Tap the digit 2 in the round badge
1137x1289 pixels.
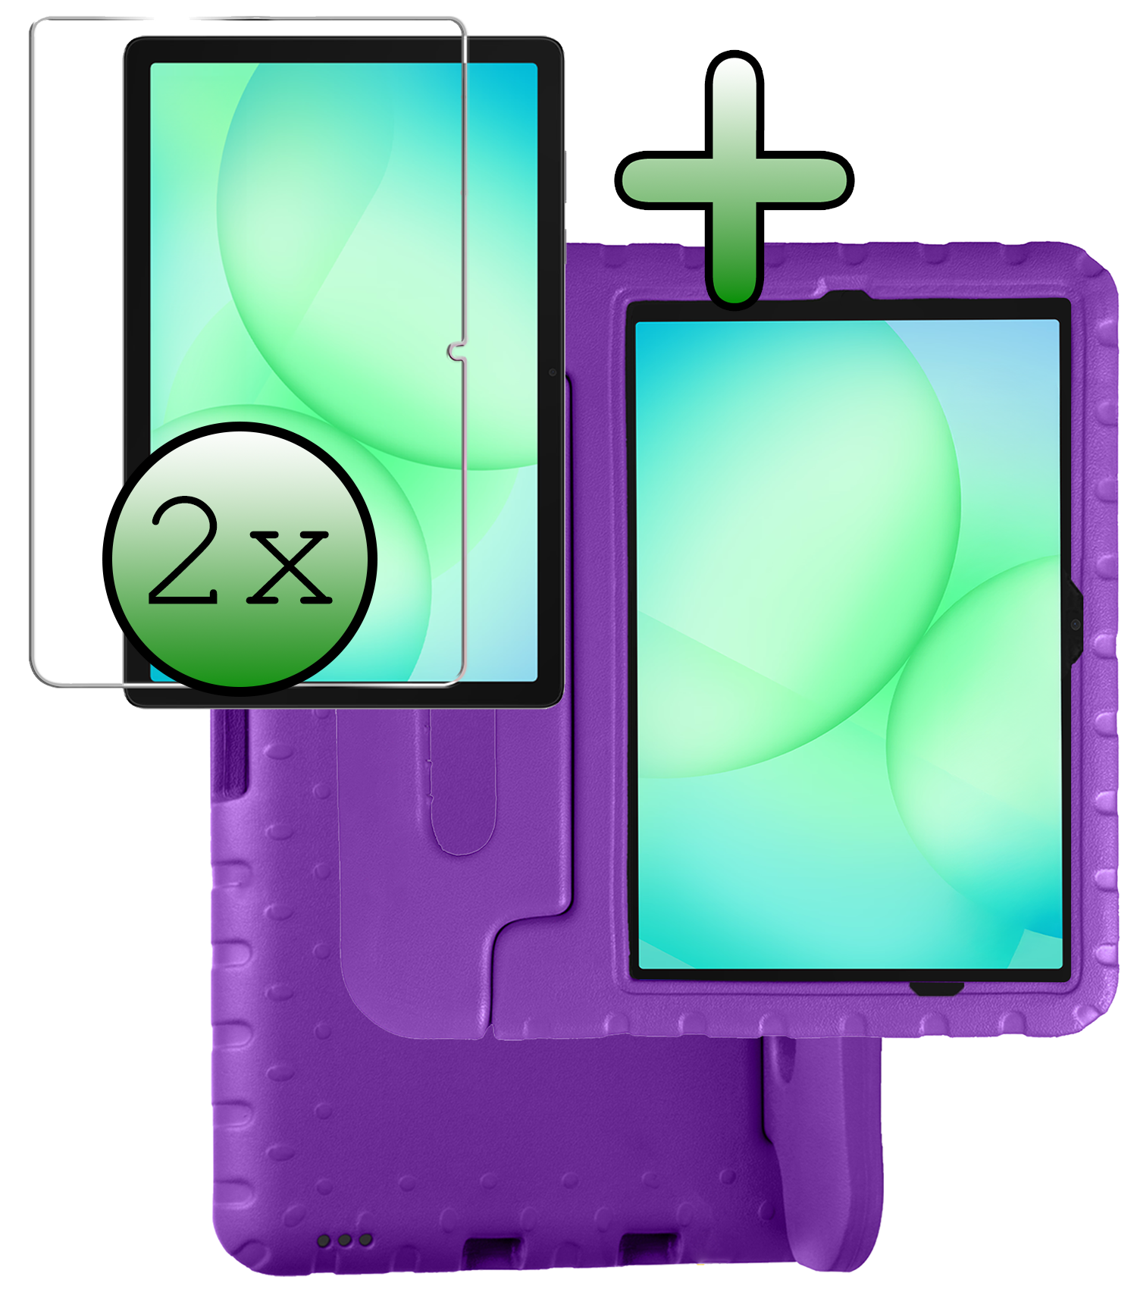(184, 552)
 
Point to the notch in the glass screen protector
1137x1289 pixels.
(455, 351)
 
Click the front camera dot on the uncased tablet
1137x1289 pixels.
(553, 372)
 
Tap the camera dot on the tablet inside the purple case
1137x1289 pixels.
(1075, 624)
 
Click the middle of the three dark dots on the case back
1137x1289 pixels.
(345, 1241)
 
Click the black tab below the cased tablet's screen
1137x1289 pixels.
(937, 989)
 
